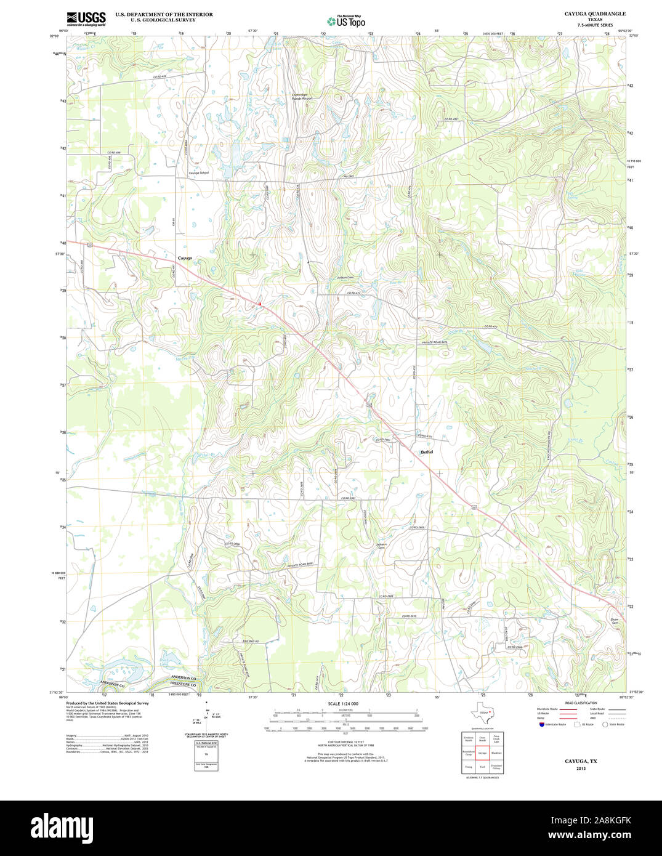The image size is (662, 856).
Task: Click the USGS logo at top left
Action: [x=86, y=18]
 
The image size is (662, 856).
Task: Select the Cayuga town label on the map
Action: [x=184, y=258]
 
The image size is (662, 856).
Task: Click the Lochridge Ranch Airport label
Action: [x=302, y=97]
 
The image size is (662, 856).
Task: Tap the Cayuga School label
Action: [x=198, y=173]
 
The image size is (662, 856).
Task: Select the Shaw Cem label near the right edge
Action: [x=614, y=621]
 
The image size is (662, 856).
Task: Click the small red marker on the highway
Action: [x=260, y=304]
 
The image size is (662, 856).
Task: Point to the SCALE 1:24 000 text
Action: [x=343, y=704]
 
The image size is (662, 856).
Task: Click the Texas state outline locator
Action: [x=482, y=713]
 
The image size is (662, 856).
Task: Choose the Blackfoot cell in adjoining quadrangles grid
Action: [x=496, y=753]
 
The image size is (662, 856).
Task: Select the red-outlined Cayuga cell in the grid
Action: [x=482, y=753]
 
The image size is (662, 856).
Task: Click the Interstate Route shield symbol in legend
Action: [x=541, y=725]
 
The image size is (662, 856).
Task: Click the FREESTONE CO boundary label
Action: [x=184, y=685]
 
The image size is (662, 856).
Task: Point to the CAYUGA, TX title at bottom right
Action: [x=581, y=761]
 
